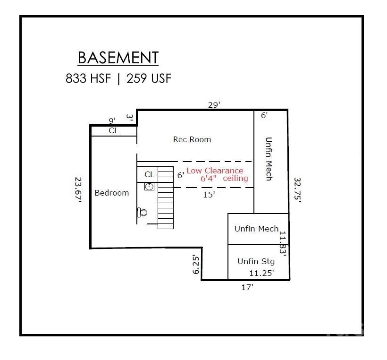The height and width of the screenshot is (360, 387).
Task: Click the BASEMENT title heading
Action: [118, 57]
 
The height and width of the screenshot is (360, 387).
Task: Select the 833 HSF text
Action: [88, 78]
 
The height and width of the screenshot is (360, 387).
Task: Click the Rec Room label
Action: [192, 139]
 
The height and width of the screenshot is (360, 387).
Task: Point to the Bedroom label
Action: [112, 193]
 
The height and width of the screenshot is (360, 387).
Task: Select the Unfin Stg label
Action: [256, 261]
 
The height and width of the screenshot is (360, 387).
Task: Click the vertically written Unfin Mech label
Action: [268, 159]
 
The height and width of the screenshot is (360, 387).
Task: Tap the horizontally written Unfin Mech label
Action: [256, 229]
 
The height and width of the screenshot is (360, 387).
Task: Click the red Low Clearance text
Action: [215, 171]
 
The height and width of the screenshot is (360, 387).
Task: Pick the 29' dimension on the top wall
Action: [214, 105]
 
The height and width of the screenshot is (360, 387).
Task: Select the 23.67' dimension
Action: [78, 190]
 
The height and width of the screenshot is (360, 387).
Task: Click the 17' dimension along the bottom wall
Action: [247, 287]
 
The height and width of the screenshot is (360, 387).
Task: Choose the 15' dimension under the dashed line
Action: [209, 194]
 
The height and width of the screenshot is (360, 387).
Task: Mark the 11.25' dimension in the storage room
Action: [261, 273]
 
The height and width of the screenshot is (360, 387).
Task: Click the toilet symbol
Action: [142, 212]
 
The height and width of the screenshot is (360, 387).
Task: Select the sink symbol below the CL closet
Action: [149, 186]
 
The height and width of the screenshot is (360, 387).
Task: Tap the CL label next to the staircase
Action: [149, 174]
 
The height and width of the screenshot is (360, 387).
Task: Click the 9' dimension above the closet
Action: [112, 121]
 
